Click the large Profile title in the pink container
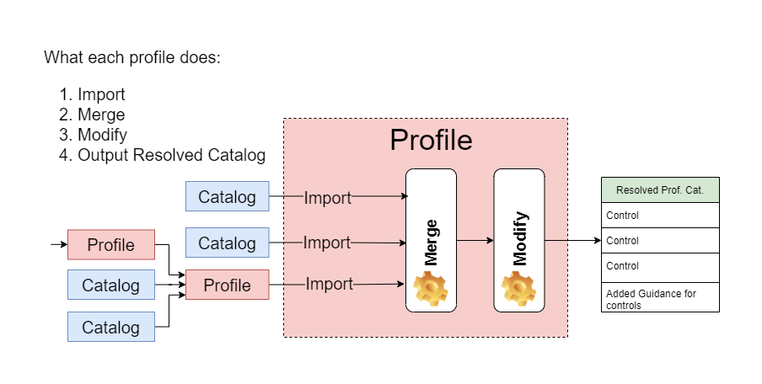[x=431, y=140]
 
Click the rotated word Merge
[x=431, y=243]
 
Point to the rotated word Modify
[x=519, y=238]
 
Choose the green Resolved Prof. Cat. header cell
[x=660, y=190]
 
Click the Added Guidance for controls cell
[x=660, y=299]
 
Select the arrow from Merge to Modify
[x=475, y=241]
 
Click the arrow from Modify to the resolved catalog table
[x=572, y=241]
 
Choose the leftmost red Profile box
[x=111, y=245]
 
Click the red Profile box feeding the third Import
[x=228, y=285]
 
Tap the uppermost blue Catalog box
[x=227, y=197]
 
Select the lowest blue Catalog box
[x=110, y=327]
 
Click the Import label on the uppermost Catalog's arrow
[x=327, y=198]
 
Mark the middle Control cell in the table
[x=660, y=241]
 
